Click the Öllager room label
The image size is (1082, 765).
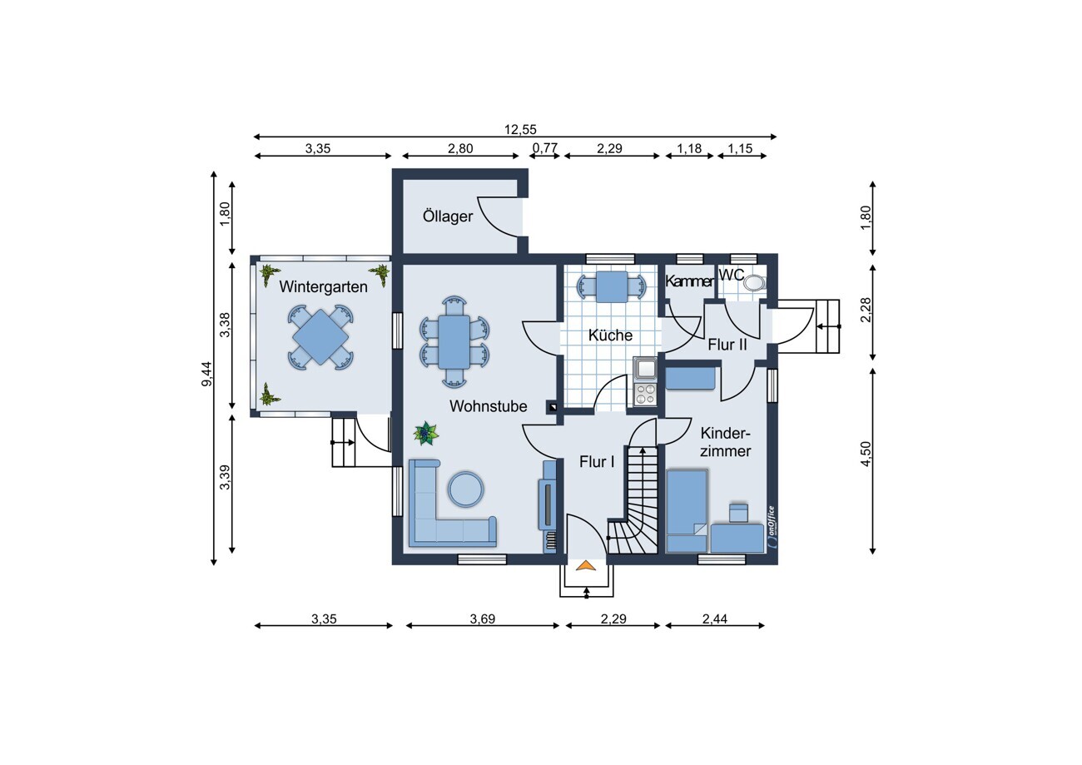(x=448, y=216)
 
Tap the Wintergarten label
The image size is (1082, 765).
(x=323, y=286)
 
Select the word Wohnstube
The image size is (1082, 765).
(x=488, y=406)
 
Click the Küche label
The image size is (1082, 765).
(x=610, y=335)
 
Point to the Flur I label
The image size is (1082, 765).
(x=597, y=462)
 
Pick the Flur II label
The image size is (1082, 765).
(x=727, y=345)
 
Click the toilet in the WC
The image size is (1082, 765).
(x=755, y=282)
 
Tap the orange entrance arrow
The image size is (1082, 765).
(x=586, y=565)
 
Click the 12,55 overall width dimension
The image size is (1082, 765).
(x=520, y=129)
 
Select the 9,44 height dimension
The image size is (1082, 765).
(x=206, y=375)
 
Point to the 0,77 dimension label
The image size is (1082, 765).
(x=545, y=148)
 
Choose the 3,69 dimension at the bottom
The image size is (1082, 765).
(x=483, y=618)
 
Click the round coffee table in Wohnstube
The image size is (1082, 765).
(x=465, y=489)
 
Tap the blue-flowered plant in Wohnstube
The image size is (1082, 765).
(x=426, y=433)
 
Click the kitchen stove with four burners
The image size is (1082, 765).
(x=646, y=394)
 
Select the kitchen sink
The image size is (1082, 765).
(x=645, y=370)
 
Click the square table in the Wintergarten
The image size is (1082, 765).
(x=320, y=337)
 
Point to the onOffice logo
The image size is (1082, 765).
(x=771, y=528)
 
